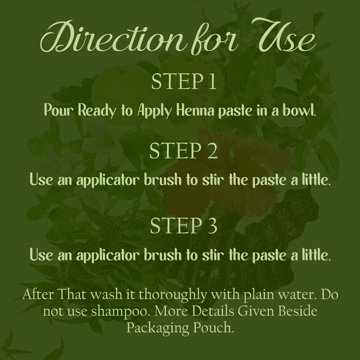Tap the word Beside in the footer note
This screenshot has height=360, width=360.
pos(294,311)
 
